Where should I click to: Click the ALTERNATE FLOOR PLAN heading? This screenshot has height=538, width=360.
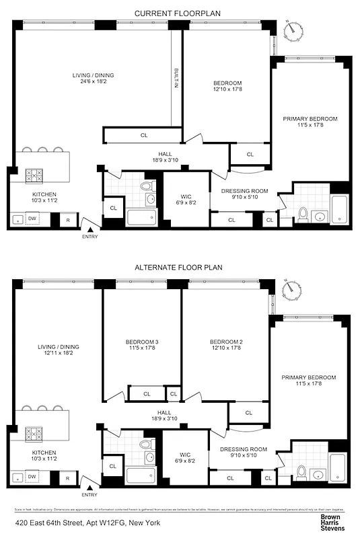178,267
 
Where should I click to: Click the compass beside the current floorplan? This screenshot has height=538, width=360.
291,29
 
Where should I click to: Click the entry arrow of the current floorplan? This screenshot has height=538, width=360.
89,229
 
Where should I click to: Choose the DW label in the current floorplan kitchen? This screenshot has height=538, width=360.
31,219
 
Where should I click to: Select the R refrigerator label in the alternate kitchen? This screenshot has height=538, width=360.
68,477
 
